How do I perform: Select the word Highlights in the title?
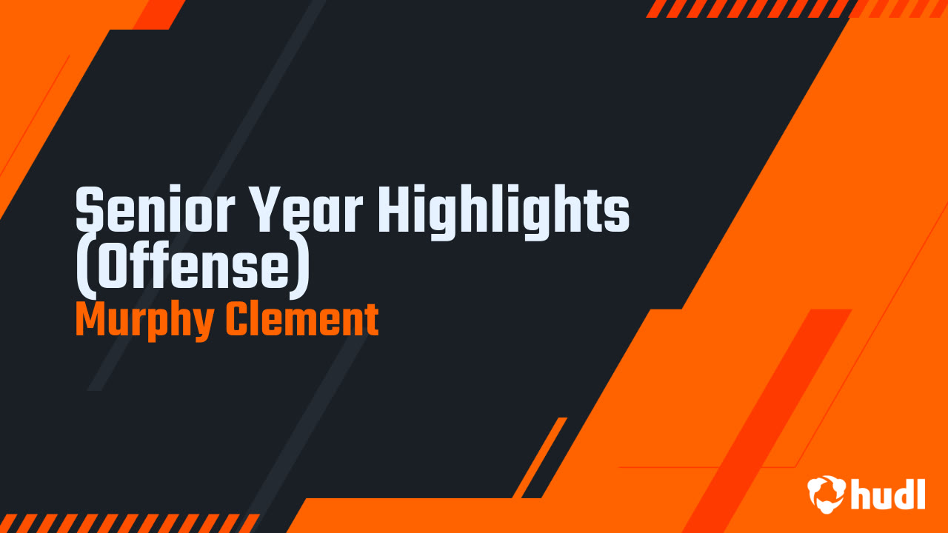[x=504, y=211]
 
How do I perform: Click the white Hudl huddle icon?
[x=827, y=494]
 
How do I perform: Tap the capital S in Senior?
[x=89, y=211]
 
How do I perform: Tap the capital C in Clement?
[x=238, y=320]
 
